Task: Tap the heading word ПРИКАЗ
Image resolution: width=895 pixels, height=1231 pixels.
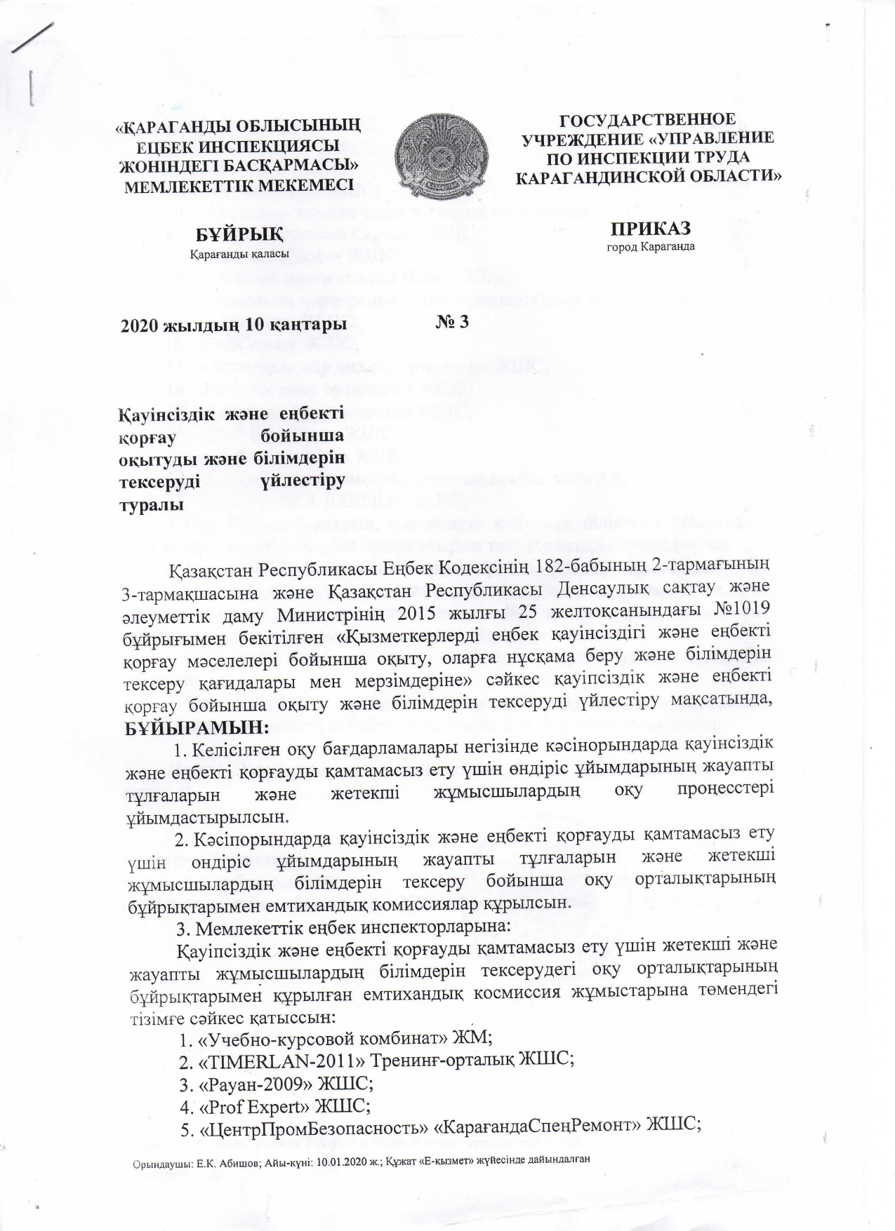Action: click(x=650, y=229)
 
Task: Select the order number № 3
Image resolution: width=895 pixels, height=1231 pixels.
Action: click(x=452, y=321)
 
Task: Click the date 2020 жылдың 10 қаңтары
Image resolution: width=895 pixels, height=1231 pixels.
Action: click(x=234, y=325)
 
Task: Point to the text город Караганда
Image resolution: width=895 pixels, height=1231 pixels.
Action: click(x=650, y=247)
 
